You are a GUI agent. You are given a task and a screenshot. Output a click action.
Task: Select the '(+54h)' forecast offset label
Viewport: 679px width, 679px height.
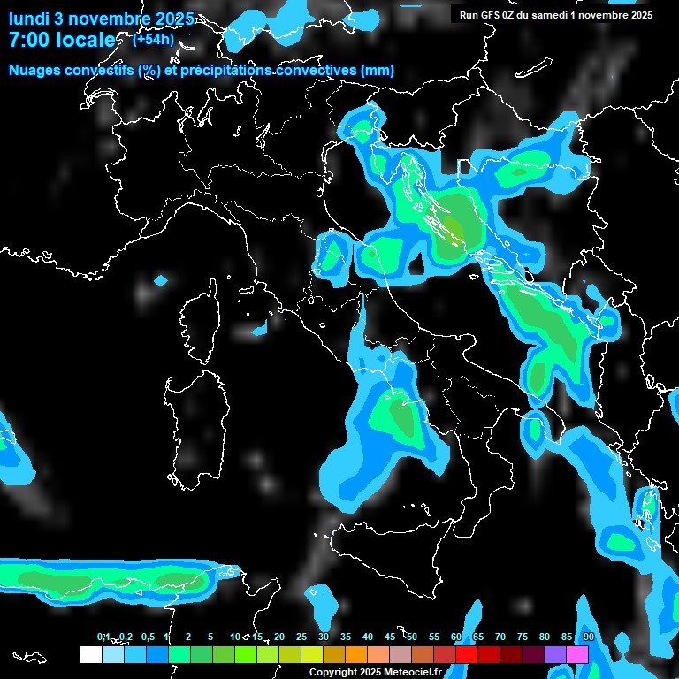[x=153, y=39]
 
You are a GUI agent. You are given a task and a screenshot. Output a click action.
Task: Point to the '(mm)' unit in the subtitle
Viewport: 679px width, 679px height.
[x=377, y=71]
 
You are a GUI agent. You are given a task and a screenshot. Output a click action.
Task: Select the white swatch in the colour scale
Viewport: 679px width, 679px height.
[x=90, y=654]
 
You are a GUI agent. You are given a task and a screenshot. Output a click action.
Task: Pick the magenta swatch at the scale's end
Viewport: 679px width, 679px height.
[x=577, y=654]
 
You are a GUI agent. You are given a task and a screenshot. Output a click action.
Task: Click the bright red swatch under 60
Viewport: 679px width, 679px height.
[x=467, y=654]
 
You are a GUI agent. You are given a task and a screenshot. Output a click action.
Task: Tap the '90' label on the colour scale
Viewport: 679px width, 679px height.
[x=588, y=637]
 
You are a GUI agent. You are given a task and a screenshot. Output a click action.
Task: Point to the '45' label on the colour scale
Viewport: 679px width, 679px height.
[x=390, y=637]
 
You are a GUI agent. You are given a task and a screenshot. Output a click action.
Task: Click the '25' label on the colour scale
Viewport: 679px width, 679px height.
[x=301, y=637]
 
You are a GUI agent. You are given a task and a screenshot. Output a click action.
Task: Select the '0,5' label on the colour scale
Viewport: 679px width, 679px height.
[x=147, y=637]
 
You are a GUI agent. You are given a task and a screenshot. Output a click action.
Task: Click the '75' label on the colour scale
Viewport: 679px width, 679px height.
[x=523, y=637]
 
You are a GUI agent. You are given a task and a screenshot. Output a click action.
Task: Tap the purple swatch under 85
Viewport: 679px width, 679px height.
[x=555, y=654]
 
